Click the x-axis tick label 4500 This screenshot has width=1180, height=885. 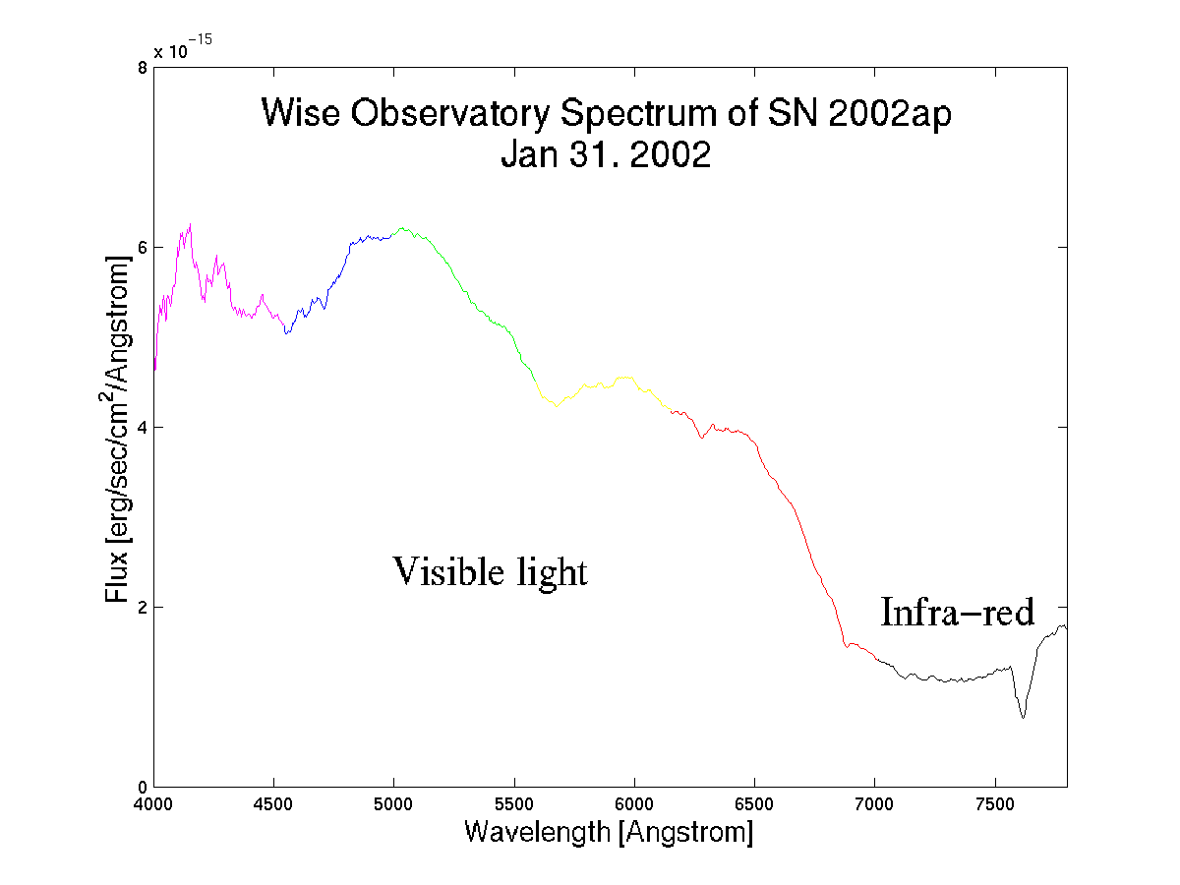click(x=273, y=803)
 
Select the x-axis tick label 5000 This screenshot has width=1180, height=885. click(x=393, y=803)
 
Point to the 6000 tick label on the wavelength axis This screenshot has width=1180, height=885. click(x=634, y=803)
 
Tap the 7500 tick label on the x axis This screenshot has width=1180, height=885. click(x=995, y=803)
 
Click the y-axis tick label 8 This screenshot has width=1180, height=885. click(x=143, y=68)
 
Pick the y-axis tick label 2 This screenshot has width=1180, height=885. click(x=143, y=608)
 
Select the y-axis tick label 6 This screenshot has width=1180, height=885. click(x=143, y=248)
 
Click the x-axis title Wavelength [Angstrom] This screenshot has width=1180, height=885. click(x=609, y=832)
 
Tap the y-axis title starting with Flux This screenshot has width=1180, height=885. click(x=117, y=429)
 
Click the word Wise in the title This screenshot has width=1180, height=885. click(x=301, y=113)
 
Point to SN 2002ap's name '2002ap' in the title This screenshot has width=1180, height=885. click(x=890, y=114)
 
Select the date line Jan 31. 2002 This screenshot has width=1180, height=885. click(x=606, y=154)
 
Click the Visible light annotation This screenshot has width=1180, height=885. click(x=490, y=572)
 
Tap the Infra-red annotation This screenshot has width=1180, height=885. click(x=957, y=612)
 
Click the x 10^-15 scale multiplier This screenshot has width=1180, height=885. click(x=183, y=47)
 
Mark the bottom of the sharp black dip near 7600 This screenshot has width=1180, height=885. click(x=1023, y=718)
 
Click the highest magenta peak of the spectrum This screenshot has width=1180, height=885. click(x=191, y=224)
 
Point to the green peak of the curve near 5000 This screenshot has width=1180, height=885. click(x=402, y=228)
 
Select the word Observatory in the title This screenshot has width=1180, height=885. click(x=450, y=114)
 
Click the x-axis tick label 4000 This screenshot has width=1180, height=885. click(x=153, y=803)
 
